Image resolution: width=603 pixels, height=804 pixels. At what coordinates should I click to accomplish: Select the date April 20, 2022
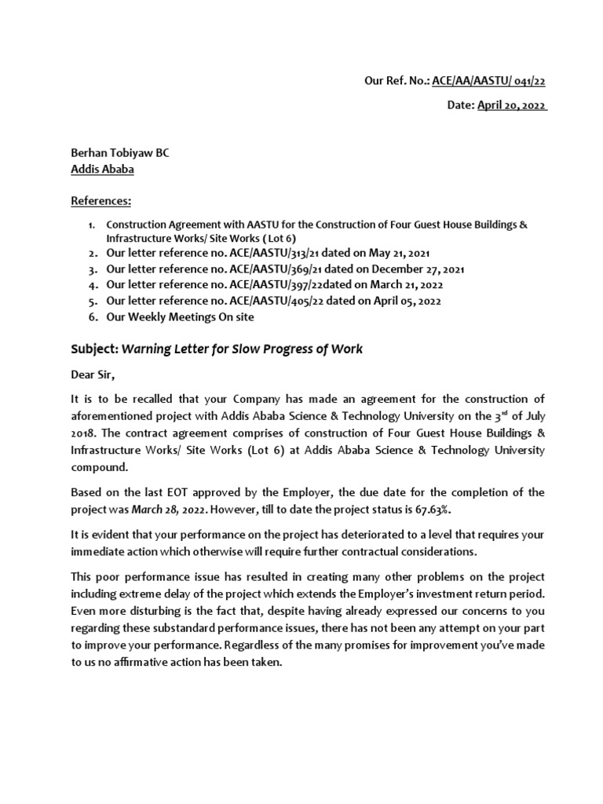coord(512,106)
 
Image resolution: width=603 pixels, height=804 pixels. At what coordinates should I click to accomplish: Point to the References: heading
coord(102,201)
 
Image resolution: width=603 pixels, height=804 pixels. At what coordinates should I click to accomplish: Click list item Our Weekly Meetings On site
coord(181,317)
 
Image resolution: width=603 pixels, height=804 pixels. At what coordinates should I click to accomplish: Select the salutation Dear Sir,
coord(98,375)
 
